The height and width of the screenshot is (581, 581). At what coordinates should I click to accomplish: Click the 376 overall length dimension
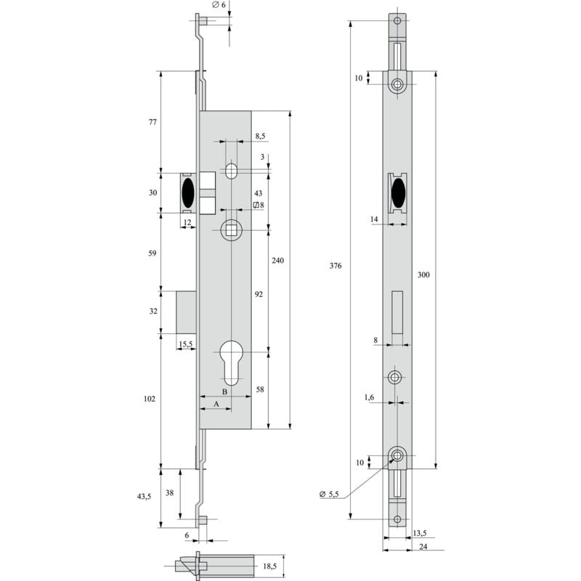(336, 266)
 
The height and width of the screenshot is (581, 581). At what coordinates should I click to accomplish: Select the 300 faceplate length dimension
(423, 275)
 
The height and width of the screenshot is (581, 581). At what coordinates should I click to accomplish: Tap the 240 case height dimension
(278, 260)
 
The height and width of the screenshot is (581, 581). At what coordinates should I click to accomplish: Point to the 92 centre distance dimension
(258, 294)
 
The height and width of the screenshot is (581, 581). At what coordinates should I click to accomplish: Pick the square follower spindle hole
(231, 231)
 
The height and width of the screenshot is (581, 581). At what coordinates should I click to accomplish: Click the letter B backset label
(225, 392)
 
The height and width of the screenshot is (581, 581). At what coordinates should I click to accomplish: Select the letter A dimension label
(216, 403)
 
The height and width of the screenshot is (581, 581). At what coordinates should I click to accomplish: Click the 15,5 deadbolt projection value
(185, 344)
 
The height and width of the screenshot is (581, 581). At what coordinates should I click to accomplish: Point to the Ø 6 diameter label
(219, 5)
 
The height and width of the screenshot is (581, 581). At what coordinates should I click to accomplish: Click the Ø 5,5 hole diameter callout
(329, 495)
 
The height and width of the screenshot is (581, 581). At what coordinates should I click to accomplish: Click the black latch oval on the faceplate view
(397, 194)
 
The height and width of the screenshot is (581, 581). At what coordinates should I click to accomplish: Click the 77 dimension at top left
(153, 122)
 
